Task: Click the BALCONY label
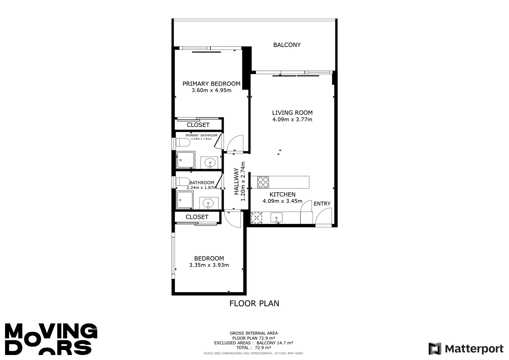pos(287,45)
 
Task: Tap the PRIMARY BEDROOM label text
pos(211,84)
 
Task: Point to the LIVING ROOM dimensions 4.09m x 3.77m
pos(292,119)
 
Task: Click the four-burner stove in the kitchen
pos(263,182)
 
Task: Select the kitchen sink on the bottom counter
pos(276,218)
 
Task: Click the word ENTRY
pos(322,204)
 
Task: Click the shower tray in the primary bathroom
pos(185,160)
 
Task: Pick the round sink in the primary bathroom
pos(210,163)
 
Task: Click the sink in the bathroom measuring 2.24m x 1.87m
pos(208,203)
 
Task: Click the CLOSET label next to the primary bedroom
pos(198,125)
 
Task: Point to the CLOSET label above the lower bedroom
pos(197,217)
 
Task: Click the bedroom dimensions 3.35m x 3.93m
pos(209,265)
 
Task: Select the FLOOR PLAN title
pos(254,303)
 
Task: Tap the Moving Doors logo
pos(51,339)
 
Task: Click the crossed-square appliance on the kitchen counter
pos(256,218)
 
